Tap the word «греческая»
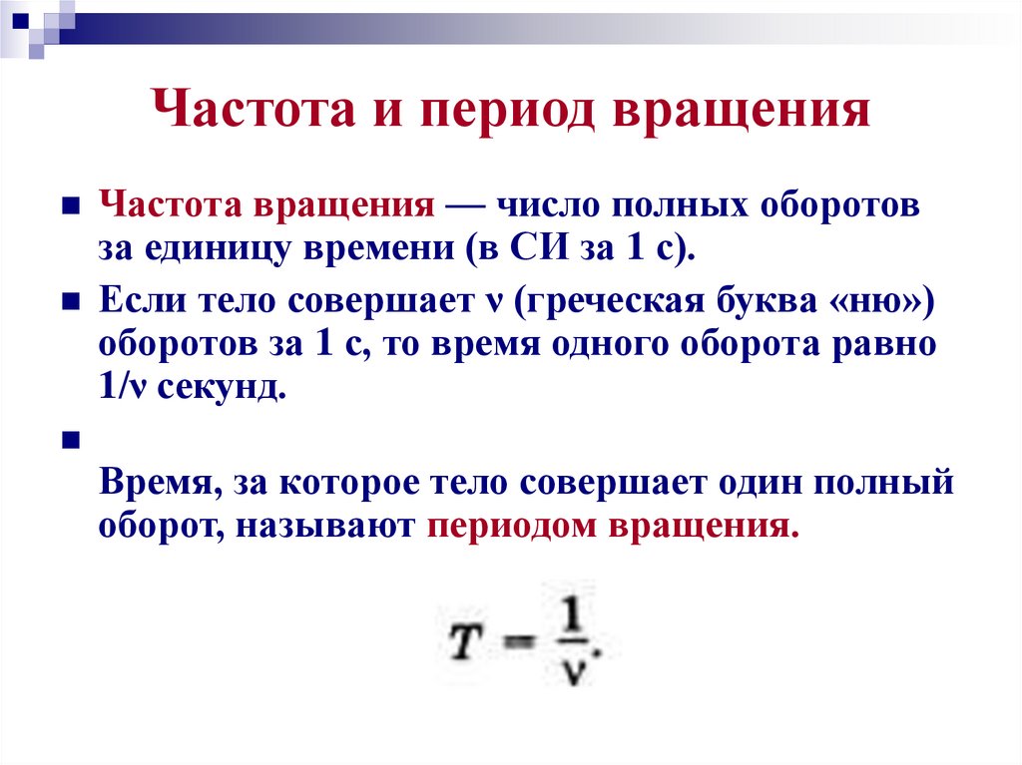[x=616, y=301]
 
